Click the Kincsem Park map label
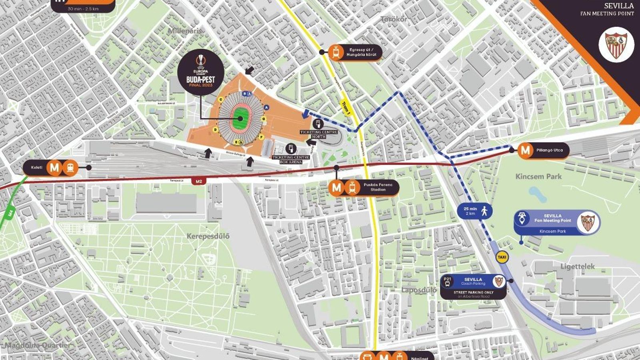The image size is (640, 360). point(538,176)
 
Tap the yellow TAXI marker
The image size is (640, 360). point(502,257)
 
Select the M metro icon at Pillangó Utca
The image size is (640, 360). point(525,150)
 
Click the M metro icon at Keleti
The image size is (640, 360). point(54,168)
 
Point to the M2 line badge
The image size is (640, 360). point(199,181)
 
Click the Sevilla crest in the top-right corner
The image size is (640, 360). point(616,44)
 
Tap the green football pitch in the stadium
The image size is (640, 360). point(240,118)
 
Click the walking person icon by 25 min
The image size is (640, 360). point(484,211)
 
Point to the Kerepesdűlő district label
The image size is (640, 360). point(208,236)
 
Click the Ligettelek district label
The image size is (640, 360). point(577,266)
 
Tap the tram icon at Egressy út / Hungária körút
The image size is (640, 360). point(336,52)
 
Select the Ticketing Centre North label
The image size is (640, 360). point(318,134)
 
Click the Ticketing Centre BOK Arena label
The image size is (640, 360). point(291,160)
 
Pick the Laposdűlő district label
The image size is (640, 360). point(419,290)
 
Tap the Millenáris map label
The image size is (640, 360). point(185,31)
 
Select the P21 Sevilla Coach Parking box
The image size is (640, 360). point(473,287)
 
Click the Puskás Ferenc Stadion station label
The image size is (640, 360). point(378,187)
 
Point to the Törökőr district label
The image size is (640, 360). point(394,19)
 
